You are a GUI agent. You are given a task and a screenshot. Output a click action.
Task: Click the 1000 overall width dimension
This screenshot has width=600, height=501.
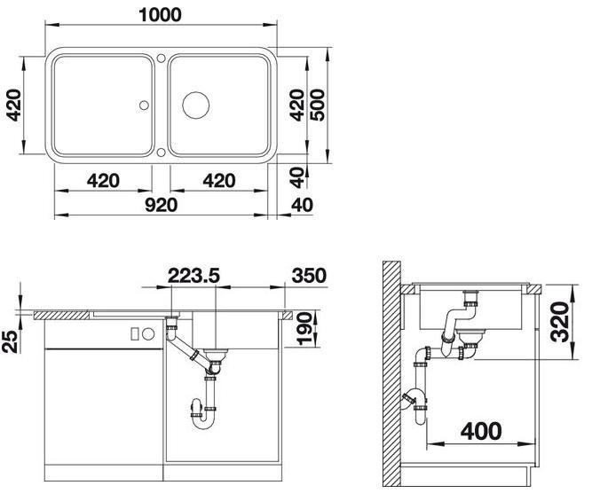pos(160,15)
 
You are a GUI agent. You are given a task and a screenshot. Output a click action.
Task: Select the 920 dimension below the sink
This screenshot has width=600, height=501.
pos(162,205)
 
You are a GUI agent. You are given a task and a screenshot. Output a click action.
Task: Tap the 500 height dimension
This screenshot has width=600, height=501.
pos(317,105)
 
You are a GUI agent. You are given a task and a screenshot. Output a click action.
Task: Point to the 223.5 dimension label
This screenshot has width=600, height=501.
pos(193,275)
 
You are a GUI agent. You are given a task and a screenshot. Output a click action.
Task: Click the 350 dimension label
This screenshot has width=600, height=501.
pos(309,275)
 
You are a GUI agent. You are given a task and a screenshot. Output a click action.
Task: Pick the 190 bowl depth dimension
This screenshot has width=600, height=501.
pos(305,329)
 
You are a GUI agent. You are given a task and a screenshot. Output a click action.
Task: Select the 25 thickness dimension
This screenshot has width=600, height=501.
pos(11,342)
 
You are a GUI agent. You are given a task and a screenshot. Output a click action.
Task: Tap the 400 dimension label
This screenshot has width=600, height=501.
pos(481,432)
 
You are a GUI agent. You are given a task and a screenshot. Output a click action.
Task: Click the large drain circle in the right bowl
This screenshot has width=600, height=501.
pos(196,105)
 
